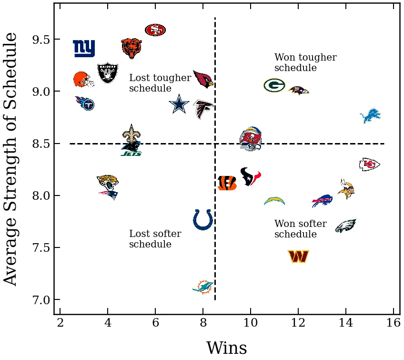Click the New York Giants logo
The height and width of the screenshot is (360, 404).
[x=84, y=48]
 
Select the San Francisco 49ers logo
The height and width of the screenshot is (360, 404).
[x=155, y=30]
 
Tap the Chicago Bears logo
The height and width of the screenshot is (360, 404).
[x=131, y=48]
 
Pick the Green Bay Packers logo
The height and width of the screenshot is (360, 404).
[x=274, y=85]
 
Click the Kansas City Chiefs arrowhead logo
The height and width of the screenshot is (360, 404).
[x=370, y=165]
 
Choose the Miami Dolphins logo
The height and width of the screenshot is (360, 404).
[x=203, y=287]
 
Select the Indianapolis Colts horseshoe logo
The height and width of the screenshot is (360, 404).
[x=203, y=220]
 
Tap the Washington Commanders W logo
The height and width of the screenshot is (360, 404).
[x=298, y=257]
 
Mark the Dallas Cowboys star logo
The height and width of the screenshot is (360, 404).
[x=179, y=104]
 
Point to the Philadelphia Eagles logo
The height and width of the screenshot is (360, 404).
[x=346, y=226]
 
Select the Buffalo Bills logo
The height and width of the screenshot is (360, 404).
[x=322, y=201]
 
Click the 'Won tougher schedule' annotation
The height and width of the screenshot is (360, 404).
[x=305, y=63]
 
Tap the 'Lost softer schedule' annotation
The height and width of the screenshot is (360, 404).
[x=155, y=239]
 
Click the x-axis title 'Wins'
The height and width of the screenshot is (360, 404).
[x=226, y=348]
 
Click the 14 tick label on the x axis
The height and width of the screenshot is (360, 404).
[x=346, y=323]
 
